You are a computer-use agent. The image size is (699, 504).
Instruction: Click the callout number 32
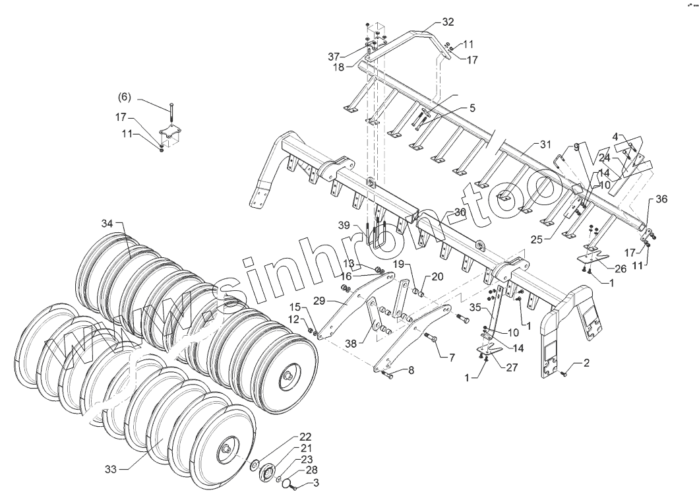tap(448, 22)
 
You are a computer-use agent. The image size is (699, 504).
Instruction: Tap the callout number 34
tap(108, 223)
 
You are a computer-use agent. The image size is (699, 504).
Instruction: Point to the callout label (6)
tap(125, 97)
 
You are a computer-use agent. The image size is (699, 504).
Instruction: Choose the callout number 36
tap(661, 199)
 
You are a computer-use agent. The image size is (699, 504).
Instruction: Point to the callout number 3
tap(316, 484)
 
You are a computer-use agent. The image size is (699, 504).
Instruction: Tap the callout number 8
tap(411, 371)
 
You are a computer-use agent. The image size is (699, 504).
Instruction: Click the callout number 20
tap(437, 276)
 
